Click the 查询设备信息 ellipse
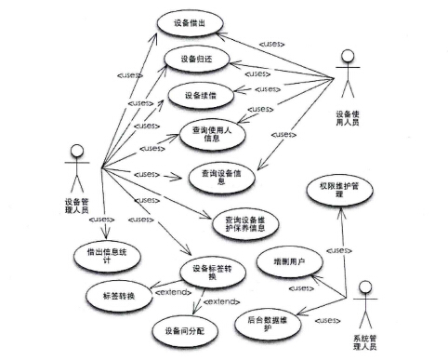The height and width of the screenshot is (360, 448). [x=221, y=177]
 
